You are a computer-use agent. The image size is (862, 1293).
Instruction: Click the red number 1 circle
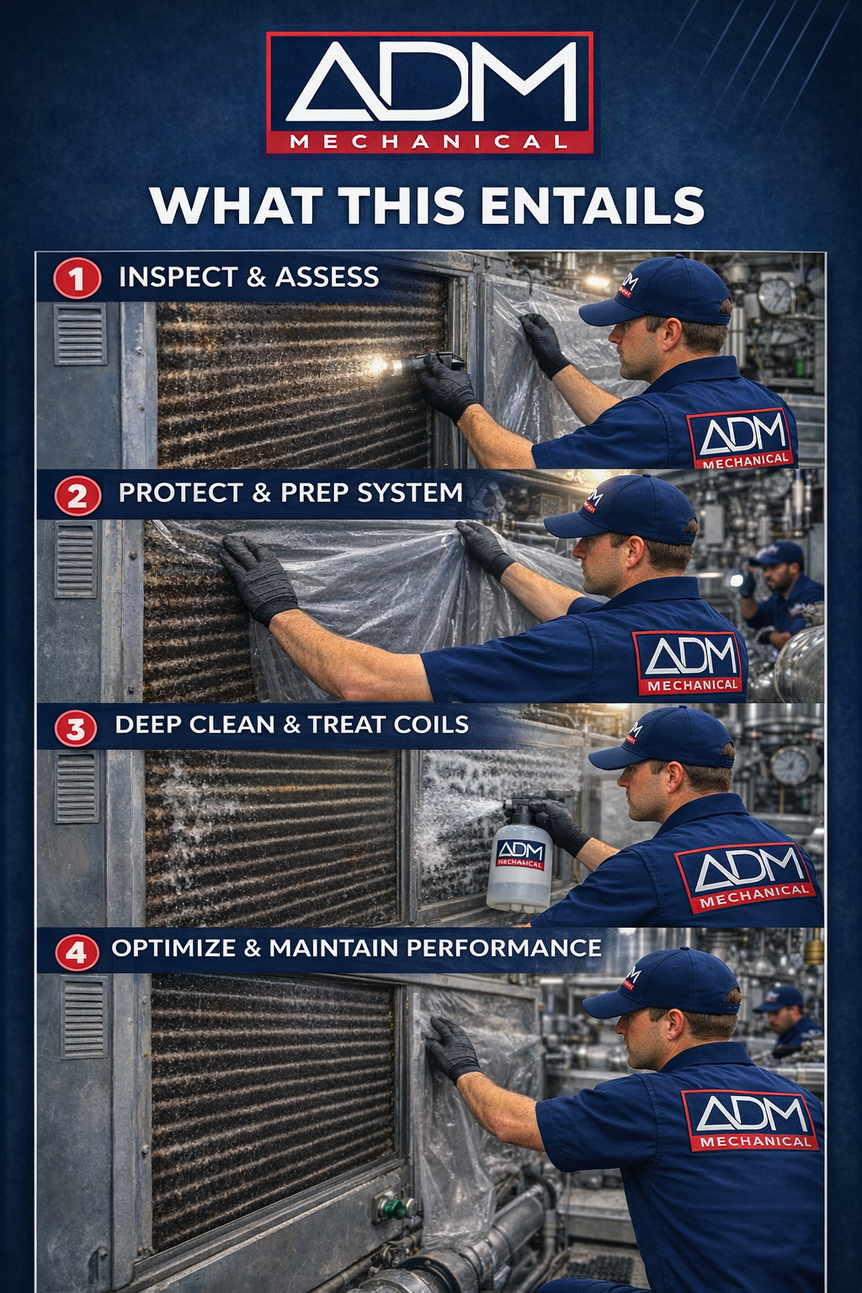click(x=77, y=279)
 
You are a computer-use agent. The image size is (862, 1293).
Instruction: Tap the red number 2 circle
click(x=77, y=496)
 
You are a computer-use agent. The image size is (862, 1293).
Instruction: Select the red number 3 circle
click(x=76, y=728)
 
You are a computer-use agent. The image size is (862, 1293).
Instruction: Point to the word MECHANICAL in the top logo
click(x=429, y=141)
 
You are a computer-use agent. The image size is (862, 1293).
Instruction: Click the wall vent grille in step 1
click(x=80, y=333)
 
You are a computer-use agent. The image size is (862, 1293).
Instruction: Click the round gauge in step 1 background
click(x=775, y=296)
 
